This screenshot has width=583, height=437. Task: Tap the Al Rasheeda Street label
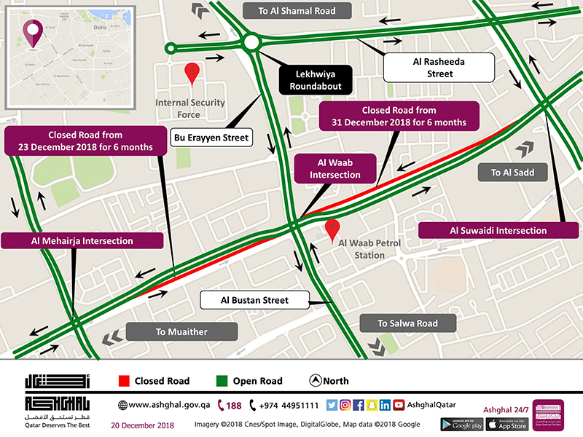pyautogui.click(x=439, y=68)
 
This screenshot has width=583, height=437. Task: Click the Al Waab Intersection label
pyautogui.click(x=334, y=169)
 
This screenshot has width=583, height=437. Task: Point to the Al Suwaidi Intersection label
pyautogui.click(x=508, y=231)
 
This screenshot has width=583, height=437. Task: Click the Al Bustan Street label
pyautogui.click(x=255, y=300)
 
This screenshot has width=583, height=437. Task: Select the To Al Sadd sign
pyautogui.click(x=512, y=173)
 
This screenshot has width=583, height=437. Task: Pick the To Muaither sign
pyautogui.click(x=181, y=331)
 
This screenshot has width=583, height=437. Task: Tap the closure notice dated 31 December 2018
pyautogui.click(x=399, y=116)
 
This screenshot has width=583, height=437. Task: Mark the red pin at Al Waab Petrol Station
pyautogui.click(x=332, y=229)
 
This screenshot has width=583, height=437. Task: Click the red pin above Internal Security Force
pyautogui.click(x=192, y=73)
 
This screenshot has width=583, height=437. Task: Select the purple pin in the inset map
pyautogui.click(x=31, y=33)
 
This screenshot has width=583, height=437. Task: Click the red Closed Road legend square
pyautogui.click(x=124, y=381)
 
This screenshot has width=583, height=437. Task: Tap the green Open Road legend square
pyautogui.click(x=222, y=381)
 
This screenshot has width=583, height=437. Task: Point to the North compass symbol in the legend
pyautogui.click(x=316, y=380)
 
